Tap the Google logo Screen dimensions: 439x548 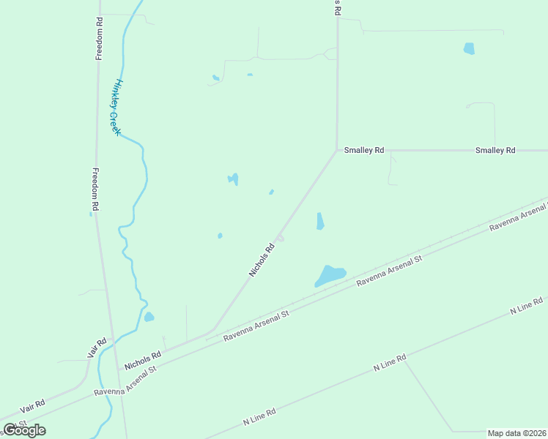[x=25, y=430]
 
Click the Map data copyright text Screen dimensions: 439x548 [x=516, y=433]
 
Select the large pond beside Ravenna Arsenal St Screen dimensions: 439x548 [x=330, y=275]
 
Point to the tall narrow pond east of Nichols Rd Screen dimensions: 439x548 [x=320, y=221]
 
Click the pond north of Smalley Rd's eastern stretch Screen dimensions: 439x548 [x=469, y=49]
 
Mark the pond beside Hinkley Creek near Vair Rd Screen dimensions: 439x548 [x=149, y=317]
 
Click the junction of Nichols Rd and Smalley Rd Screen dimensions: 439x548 [x=337, y=151]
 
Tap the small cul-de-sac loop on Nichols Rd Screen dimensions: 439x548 [x=281, y=238]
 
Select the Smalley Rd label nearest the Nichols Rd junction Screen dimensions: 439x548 [x=364, y=150]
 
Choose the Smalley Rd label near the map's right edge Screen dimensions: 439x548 [x=495, y=150]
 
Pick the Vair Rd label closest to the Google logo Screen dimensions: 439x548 [x=32, y=404]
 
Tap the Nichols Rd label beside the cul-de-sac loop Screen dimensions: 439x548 [x=262, y=260]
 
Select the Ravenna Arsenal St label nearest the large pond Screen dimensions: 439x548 [x=390, y=270]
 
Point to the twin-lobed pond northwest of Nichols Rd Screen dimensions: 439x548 [x=233, y=179]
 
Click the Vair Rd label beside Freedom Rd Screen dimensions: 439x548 [x=97, y=348]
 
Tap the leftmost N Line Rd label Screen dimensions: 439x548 [x=259, y=417]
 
